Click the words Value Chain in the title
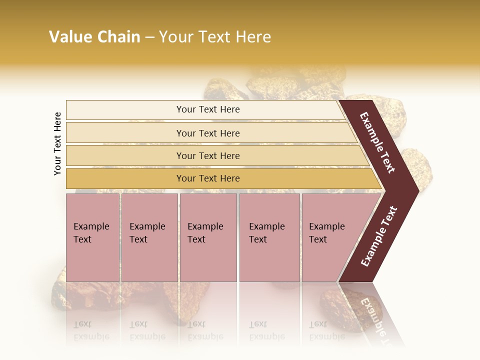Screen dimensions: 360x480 pyautogui.click(x=94, y=37)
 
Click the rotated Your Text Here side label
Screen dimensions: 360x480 pyautogui.click(x=57, y=143)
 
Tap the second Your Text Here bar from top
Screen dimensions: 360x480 pyautogui.click(x=208, y=133)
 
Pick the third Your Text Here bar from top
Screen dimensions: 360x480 pyautogui.click(x=208, y=155)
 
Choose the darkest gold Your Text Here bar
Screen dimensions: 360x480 pyautogui.click(x=208, y=178)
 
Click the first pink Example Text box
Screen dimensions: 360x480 pyautogui.click(x=92, y=237)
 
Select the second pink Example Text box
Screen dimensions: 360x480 pyautogui.click(x=149, y=237)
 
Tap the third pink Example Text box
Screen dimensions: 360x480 pyautogui.click(x=208, y=237)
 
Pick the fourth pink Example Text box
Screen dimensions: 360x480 pyautogui.click(x=269, y=237)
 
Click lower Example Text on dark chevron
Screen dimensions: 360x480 pyautogui.click(x=379, y=236)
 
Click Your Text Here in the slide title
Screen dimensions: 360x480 pyautogui.click(x=215, y=37)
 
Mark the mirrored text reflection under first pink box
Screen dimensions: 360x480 pyautogui.click(x=91, y=330)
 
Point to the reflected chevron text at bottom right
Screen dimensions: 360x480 pyautogui.click(x=374, y=320)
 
